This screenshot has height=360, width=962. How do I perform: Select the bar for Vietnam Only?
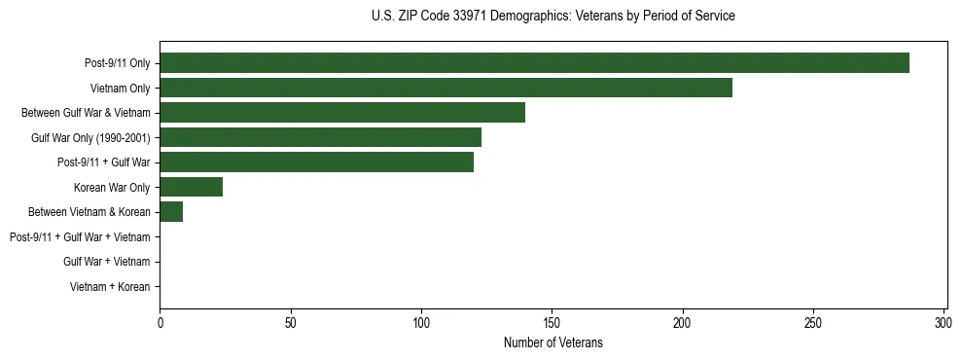pos(445,88)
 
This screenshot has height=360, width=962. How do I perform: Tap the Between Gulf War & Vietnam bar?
pos(342,113)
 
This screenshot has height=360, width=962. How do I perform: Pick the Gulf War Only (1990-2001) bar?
pos(320,137)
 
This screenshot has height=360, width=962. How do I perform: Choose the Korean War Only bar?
pos(191,187)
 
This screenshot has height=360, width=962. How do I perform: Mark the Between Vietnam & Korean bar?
pos(171,212)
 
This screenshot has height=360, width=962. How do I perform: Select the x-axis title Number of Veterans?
pos(552,342)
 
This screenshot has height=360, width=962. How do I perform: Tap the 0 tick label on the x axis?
pos(160,322)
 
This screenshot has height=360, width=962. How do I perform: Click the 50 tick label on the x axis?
pos(291,322)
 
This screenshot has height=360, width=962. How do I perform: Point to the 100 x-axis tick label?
pos(421,322)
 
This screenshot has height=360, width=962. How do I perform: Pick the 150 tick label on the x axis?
pos(552,322)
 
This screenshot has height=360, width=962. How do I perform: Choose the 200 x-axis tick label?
pos(683,322)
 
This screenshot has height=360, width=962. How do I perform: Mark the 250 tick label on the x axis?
pos(813,322)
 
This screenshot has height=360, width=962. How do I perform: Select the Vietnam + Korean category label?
pos(110,287)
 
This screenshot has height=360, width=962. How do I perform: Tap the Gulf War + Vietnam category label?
pos(106,262)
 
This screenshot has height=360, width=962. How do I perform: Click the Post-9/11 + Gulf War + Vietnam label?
pos(80,237)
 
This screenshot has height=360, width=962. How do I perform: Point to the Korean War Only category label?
pos(112,188)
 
